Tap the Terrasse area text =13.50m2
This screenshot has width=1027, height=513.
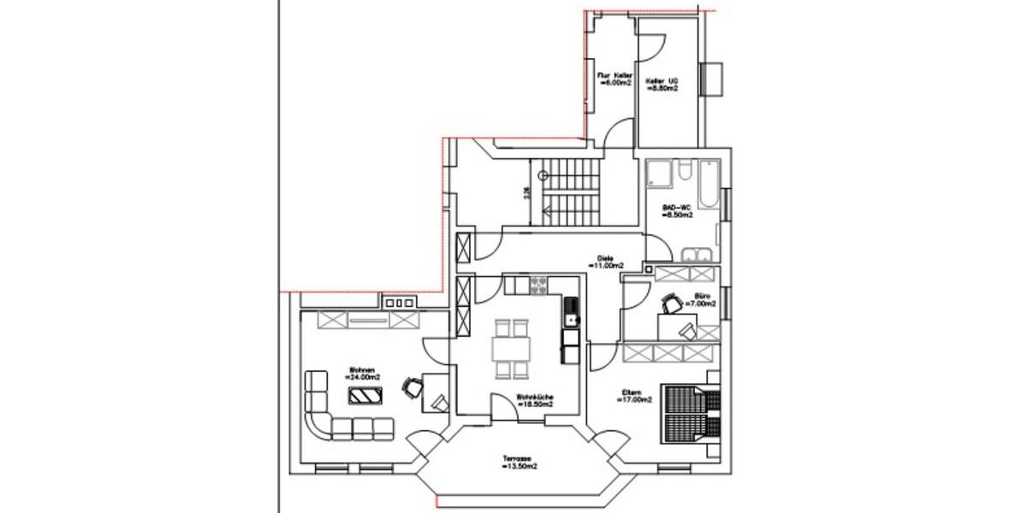coord(520,469)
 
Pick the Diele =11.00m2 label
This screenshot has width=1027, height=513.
coord(606,262)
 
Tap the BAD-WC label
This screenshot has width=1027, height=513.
coord(678,207)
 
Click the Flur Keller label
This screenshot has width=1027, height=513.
coord(614,76)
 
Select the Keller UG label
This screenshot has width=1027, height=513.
coord(662,81)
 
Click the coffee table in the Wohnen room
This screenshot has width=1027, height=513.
coord(365,394)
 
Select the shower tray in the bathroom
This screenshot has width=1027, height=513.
coord(659,174)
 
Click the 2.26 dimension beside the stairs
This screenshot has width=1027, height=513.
coord(526,192)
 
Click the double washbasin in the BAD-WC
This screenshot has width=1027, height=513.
coord(698,254)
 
